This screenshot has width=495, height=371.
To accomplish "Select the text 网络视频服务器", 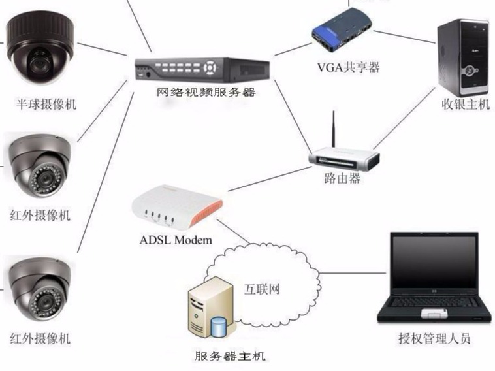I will click(205, 92).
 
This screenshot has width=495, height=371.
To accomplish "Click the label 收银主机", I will click(465, 104).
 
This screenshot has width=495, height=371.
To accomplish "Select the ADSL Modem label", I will click(176, 240).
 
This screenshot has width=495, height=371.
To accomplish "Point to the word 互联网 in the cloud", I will click(262, 289).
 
